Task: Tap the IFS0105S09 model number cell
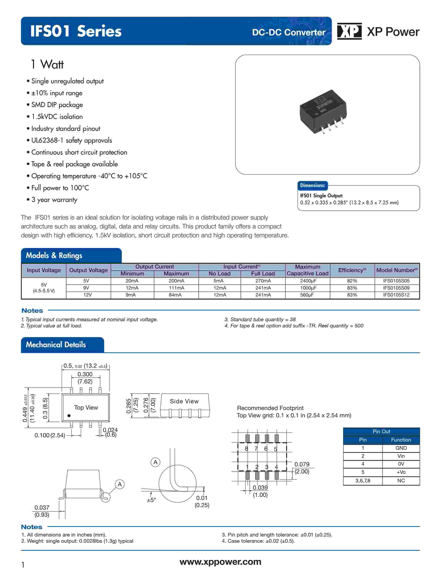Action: (x=396, y=288)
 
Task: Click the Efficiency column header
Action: (x=352, y=270)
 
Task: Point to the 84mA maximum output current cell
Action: (x=175, y=295)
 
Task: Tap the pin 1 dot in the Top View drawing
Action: (x=69, y=416)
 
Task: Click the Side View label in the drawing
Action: (x=184, y=401)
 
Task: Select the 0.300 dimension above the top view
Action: (x=85, y=374)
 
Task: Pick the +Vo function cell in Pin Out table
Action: (x=401, y=472)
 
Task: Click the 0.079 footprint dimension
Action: (x=302, y=464)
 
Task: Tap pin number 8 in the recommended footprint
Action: (x=246, y=449)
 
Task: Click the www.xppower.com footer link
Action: (x=220, y=562)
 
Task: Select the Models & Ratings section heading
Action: (x=54, y=255)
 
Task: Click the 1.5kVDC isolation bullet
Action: (x=57, y=117)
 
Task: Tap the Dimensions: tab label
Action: (x=312, y=185)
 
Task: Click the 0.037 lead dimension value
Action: (x=42, y=508)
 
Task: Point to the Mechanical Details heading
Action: (x=56, y=345)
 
